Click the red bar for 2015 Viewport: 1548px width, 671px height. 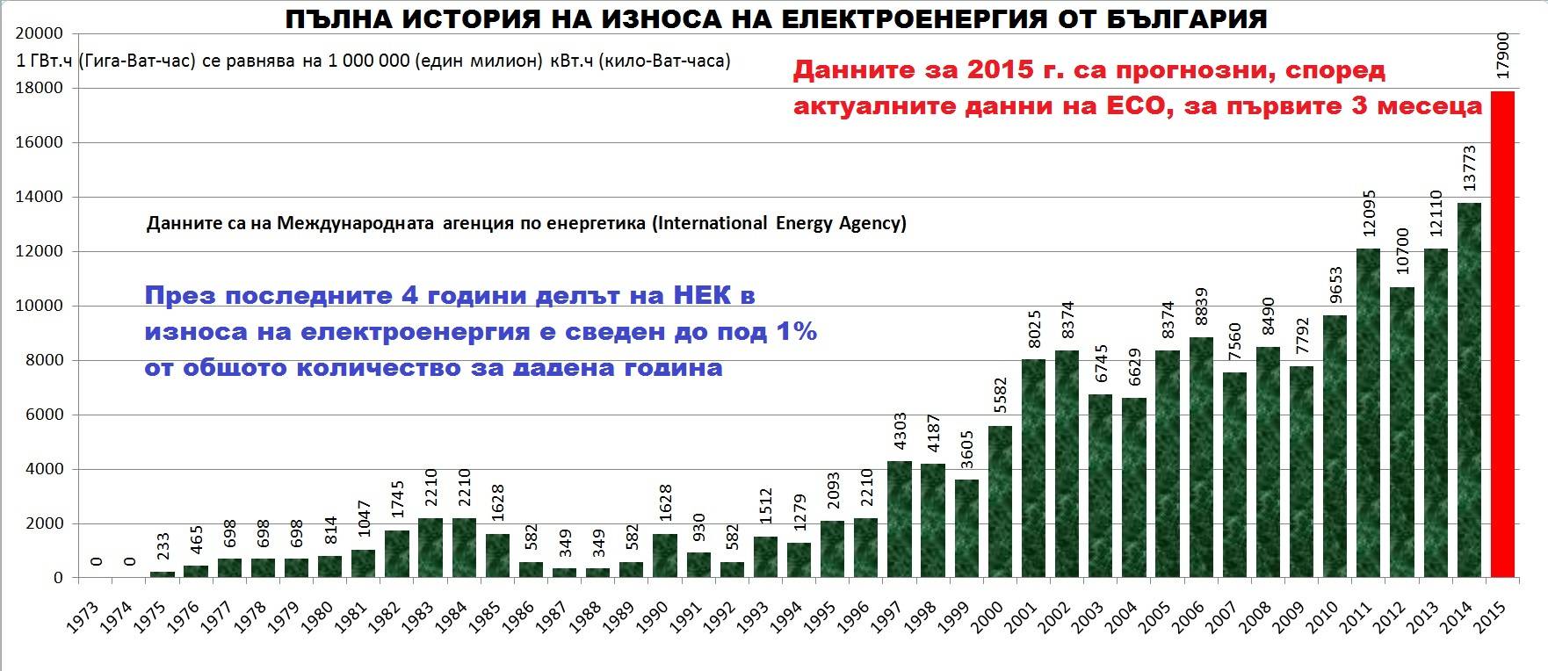point(1503,334)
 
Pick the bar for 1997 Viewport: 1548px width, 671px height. point(899,519)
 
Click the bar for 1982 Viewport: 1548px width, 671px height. point(396,554)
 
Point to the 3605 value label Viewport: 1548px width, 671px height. point(966,454)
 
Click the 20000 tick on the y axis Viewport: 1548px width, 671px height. point(40,33)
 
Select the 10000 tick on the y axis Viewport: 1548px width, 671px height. point(40,306)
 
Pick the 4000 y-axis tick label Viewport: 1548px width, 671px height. point(45,469)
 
